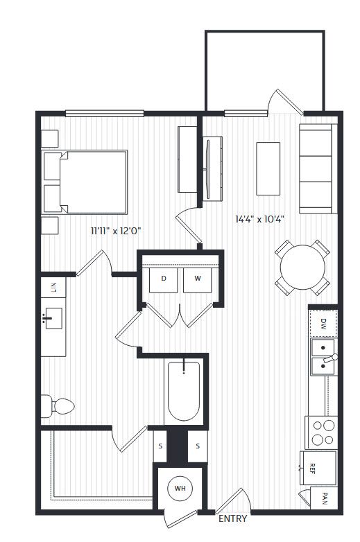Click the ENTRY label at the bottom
[x=233, y=518]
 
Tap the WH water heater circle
[x=180, y=489]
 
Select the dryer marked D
[x=164, y=279]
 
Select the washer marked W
[x=198, y=279]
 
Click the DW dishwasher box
[x=323, y=324]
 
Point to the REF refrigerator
[x=318, y=468]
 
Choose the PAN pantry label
[x=325, y=498]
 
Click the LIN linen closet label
[x=53, y=287]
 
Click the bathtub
[x=184, y=391]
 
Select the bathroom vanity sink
[x=53, y=318]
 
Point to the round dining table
[x=302, y=267]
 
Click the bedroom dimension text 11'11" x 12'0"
[x=117, y=231]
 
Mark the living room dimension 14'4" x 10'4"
[x=259, y=219]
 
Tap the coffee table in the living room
[x=268, y=168]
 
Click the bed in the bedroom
[x=85, y=182]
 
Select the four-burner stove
[x=321, y=432]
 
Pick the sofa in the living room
[x=318, y=168]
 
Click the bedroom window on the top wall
[x=105, y=114]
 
